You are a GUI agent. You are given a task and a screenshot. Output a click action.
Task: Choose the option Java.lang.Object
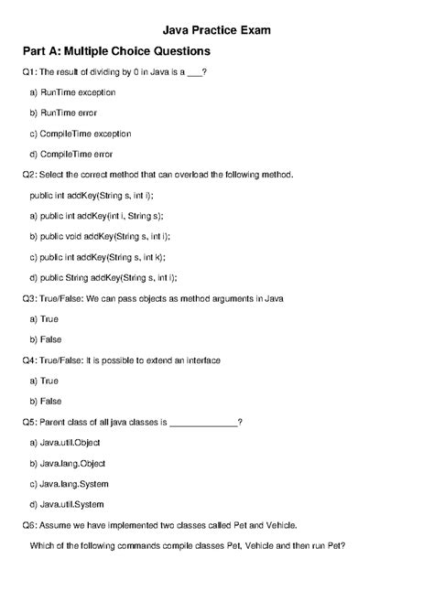(x=72, y=463)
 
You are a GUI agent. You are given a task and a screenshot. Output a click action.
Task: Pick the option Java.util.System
(x=72, y=504)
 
